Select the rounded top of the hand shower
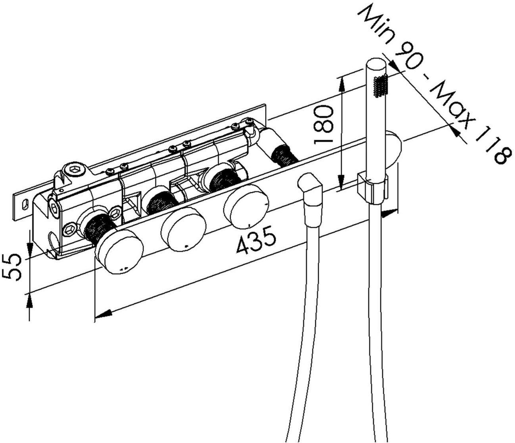[x=375, y=63]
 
